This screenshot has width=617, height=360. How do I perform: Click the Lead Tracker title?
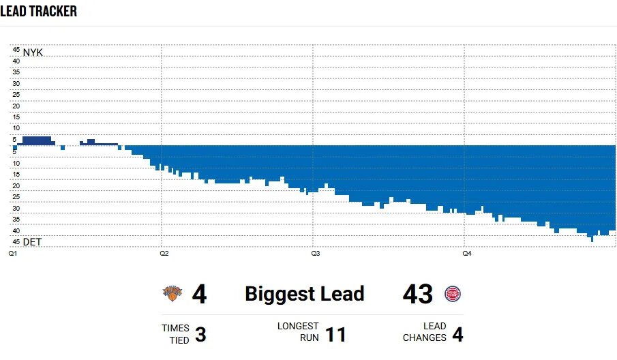[x=39, y=12]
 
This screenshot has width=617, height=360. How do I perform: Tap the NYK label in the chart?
[x=33, y=52]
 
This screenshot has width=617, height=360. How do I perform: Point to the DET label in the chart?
[x=32, y=242]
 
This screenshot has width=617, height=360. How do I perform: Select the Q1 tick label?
[x=13, y=254]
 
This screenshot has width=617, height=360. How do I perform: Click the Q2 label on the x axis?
[x=164, y=254]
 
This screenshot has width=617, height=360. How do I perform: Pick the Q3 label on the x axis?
[x=316, y=254]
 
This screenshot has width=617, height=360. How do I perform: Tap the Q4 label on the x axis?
[x=467, y=254]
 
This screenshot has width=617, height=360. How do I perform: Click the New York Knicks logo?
[x=173, y=294]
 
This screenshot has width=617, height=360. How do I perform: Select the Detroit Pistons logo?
[x=453, y=294]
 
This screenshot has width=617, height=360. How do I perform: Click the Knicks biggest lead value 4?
[x=199, y=295]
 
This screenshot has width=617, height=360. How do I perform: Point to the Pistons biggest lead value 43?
[x=418, y=295]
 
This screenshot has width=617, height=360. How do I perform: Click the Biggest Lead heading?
[x=305, y=294]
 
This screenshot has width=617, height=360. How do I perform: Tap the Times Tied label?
[x=175, y=334]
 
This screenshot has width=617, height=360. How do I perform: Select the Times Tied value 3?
[x=200, y=335]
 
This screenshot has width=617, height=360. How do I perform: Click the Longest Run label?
[x=298, y=332]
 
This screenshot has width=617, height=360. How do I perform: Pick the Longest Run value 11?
[x=335, y=335]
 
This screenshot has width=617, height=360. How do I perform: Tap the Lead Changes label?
[x=425, y=332]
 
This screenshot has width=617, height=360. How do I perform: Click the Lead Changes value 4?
[x=457, y=335]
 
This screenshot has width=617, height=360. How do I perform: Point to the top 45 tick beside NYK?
[x=15, y=49]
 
